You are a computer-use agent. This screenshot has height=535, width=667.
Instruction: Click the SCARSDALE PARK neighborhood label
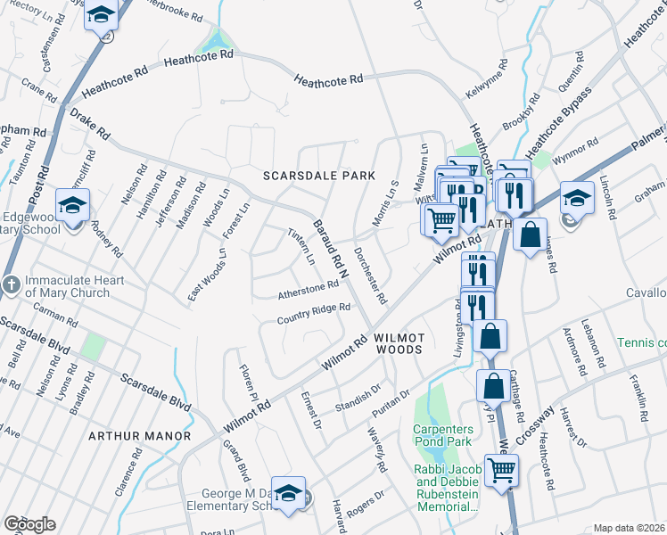click(x=318, y=176)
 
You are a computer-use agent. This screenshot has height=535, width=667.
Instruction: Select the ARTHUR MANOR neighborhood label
click(x=139, y=436)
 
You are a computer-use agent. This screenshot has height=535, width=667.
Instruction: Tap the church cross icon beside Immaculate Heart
click(x=11, y=285)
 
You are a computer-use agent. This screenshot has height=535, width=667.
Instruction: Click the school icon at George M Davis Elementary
click(x=288, y=494)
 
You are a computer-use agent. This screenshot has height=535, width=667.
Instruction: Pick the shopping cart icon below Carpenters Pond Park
click(x=501, y=469)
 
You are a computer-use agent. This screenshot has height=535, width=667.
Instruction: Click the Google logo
click(x=29, y=524)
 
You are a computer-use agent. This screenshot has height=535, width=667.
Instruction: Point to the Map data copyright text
click(x=629, y=528)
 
